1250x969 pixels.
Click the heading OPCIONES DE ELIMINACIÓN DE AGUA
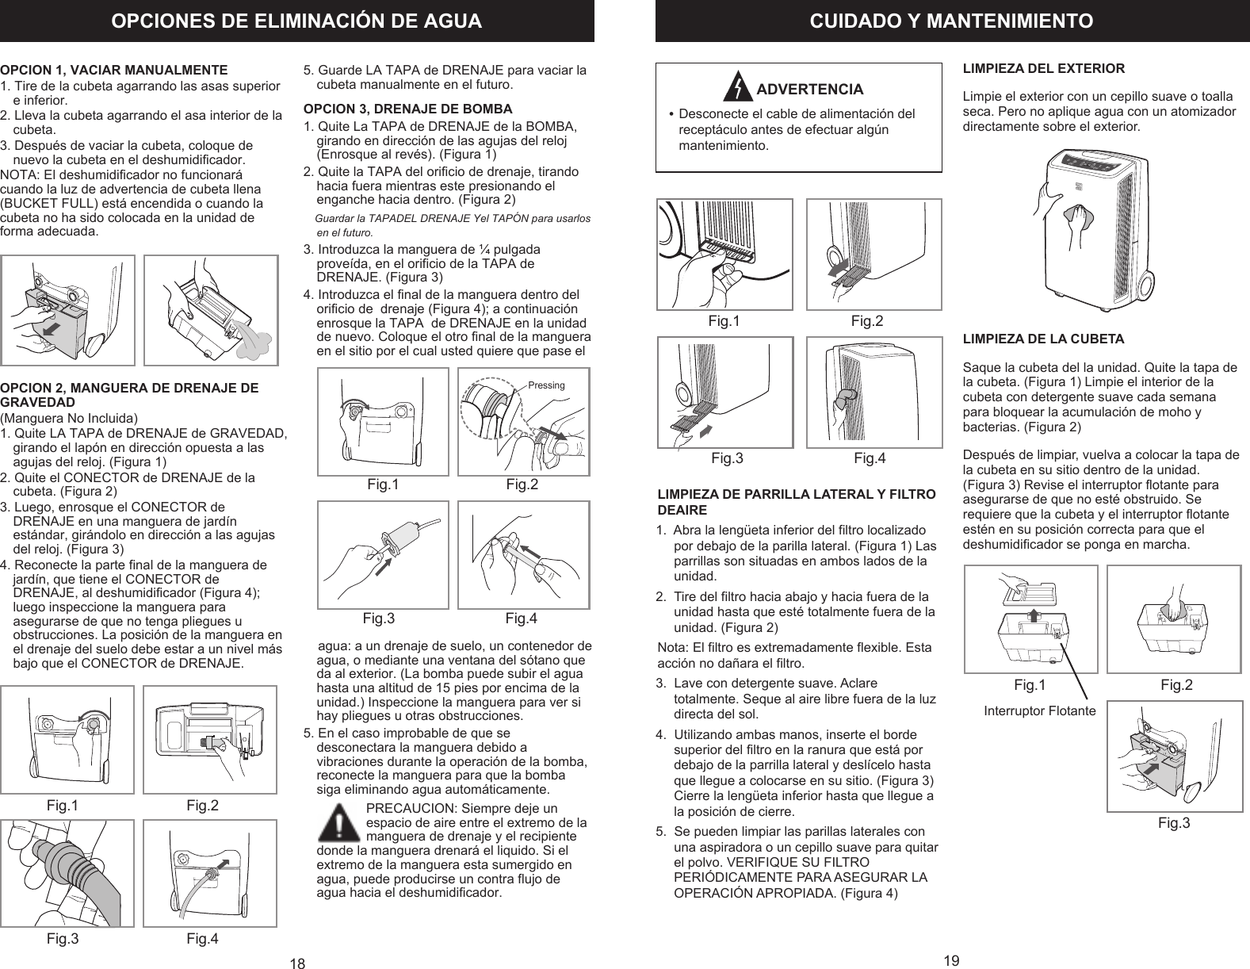(x=296, y=21)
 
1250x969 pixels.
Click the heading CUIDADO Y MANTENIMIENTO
(x=951, y=21)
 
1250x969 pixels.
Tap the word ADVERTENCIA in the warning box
(x=809, y=89)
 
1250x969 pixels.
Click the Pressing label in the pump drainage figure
(x=546, y=385)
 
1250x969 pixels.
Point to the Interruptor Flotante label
(x=1039, y=711)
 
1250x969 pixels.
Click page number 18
(x=297, y=963)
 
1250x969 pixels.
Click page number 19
(x=952, y=960)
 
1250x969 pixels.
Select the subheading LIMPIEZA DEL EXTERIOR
(x=1043, y=68)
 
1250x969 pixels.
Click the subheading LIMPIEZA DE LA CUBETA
(x=1042, y=339)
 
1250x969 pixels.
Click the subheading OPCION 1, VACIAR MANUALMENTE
(x=114, y=70)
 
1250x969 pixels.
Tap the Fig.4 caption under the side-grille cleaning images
(x=870, y=458)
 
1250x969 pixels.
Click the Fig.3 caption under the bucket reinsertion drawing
(x=1174, y=823)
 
